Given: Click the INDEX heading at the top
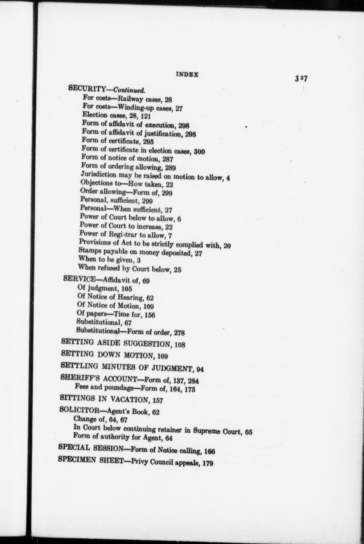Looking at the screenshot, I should pos(187,75).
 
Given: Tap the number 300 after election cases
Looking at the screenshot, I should pos(199,152).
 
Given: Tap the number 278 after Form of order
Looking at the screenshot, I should pos(179,333).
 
